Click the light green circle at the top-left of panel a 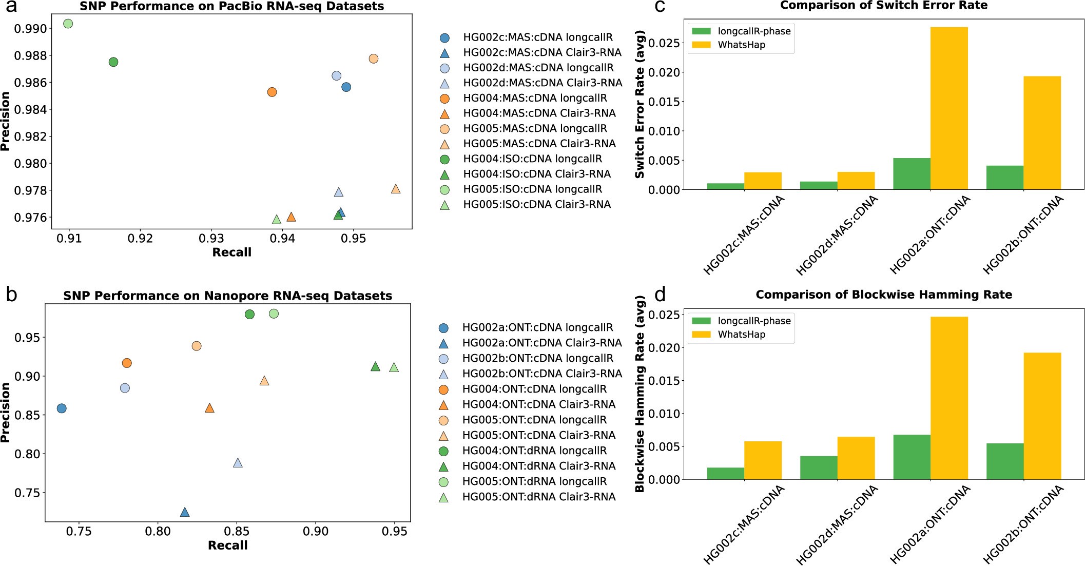tap(68, 24)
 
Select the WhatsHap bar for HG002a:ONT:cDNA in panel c tap(948, 108)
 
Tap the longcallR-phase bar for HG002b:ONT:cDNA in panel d tap(1004, 461)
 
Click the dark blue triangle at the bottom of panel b tap(185, 512)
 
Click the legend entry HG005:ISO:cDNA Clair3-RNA tap(536, 204)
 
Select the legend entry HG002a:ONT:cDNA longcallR tap(537, 327)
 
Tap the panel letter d tap(660, 295)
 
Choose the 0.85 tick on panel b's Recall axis tap(237, 532)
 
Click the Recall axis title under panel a tap(231, 252)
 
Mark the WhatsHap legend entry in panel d tap(741, 335)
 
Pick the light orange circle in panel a tap(374, 58)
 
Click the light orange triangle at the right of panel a tap(396, 189)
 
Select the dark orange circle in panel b tap(127, 363)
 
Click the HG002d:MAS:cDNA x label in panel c tap(837, 236)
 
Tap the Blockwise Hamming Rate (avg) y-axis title tap(640, 394)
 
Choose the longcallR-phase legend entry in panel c tap(753, 31)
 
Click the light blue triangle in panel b tap(238, 463)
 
